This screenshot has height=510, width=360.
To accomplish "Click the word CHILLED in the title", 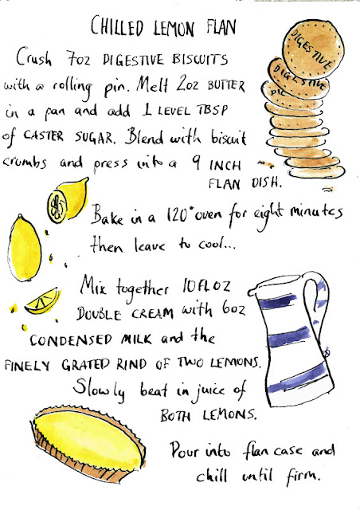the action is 117,26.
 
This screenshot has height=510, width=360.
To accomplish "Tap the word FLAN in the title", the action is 221,25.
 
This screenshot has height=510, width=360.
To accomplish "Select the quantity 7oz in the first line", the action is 78,59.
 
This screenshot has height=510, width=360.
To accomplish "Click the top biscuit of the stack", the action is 313,48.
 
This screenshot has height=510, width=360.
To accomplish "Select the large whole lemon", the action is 24,249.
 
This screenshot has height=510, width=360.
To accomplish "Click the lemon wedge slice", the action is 43,302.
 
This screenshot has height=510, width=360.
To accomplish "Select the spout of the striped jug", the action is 253,290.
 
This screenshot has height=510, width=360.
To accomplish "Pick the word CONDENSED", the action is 71,340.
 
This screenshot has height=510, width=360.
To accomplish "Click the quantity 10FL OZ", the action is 206,287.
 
